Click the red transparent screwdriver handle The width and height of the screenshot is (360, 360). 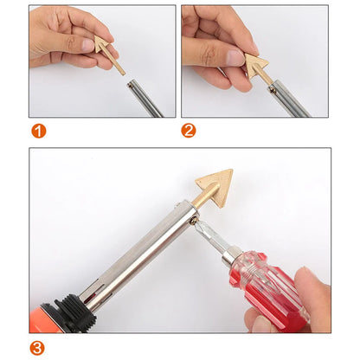273,286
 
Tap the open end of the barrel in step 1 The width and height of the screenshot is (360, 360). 128,83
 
